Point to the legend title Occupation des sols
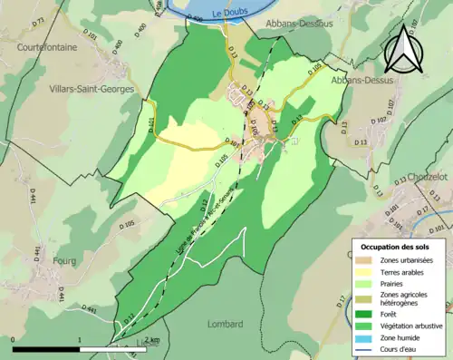[395, 247]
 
